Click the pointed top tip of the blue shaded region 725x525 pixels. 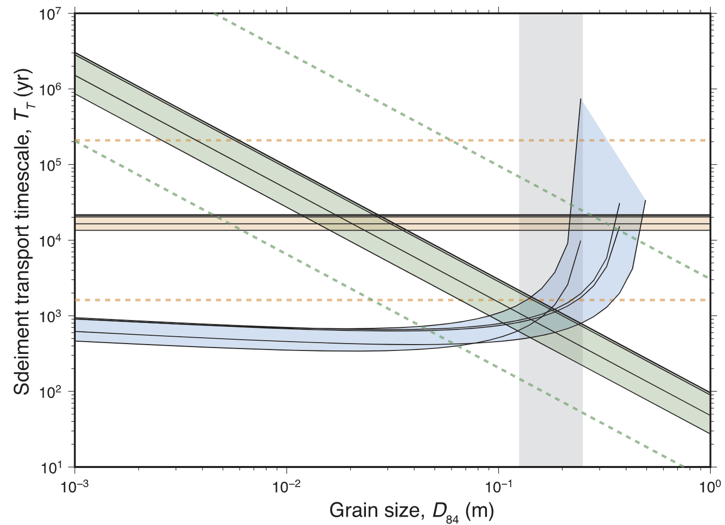(581, 99)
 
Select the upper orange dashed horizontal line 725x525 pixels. (344, 141)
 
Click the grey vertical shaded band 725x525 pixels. (550, 418)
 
